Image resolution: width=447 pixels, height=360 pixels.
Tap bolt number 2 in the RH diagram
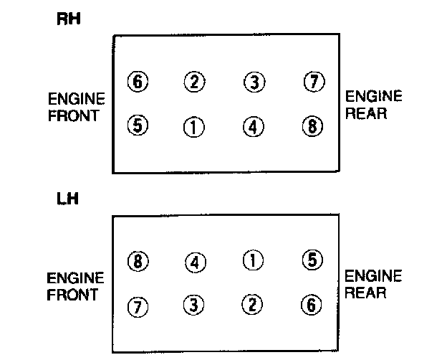pyautogui.click(x=194, y=82)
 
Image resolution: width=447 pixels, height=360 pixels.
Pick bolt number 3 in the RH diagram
pyautogui.click(x=253, y=82)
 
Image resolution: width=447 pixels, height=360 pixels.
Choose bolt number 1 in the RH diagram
pyautogui.click(x=194, y=128)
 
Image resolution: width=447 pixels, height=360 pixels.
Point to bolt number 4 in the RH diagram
pyautogui.click(x=253, y=128)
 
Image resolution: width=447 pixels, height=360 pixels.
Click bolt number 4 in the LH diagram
pyautogui.click(x=194, y=262)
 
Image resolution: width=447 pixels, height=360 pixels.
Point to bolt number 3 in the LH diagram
pyautogui.click(x=194, y=305)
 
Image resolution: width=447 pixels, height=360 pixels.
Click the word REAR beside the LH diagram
pyautogui.click(x=367, y=293)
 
